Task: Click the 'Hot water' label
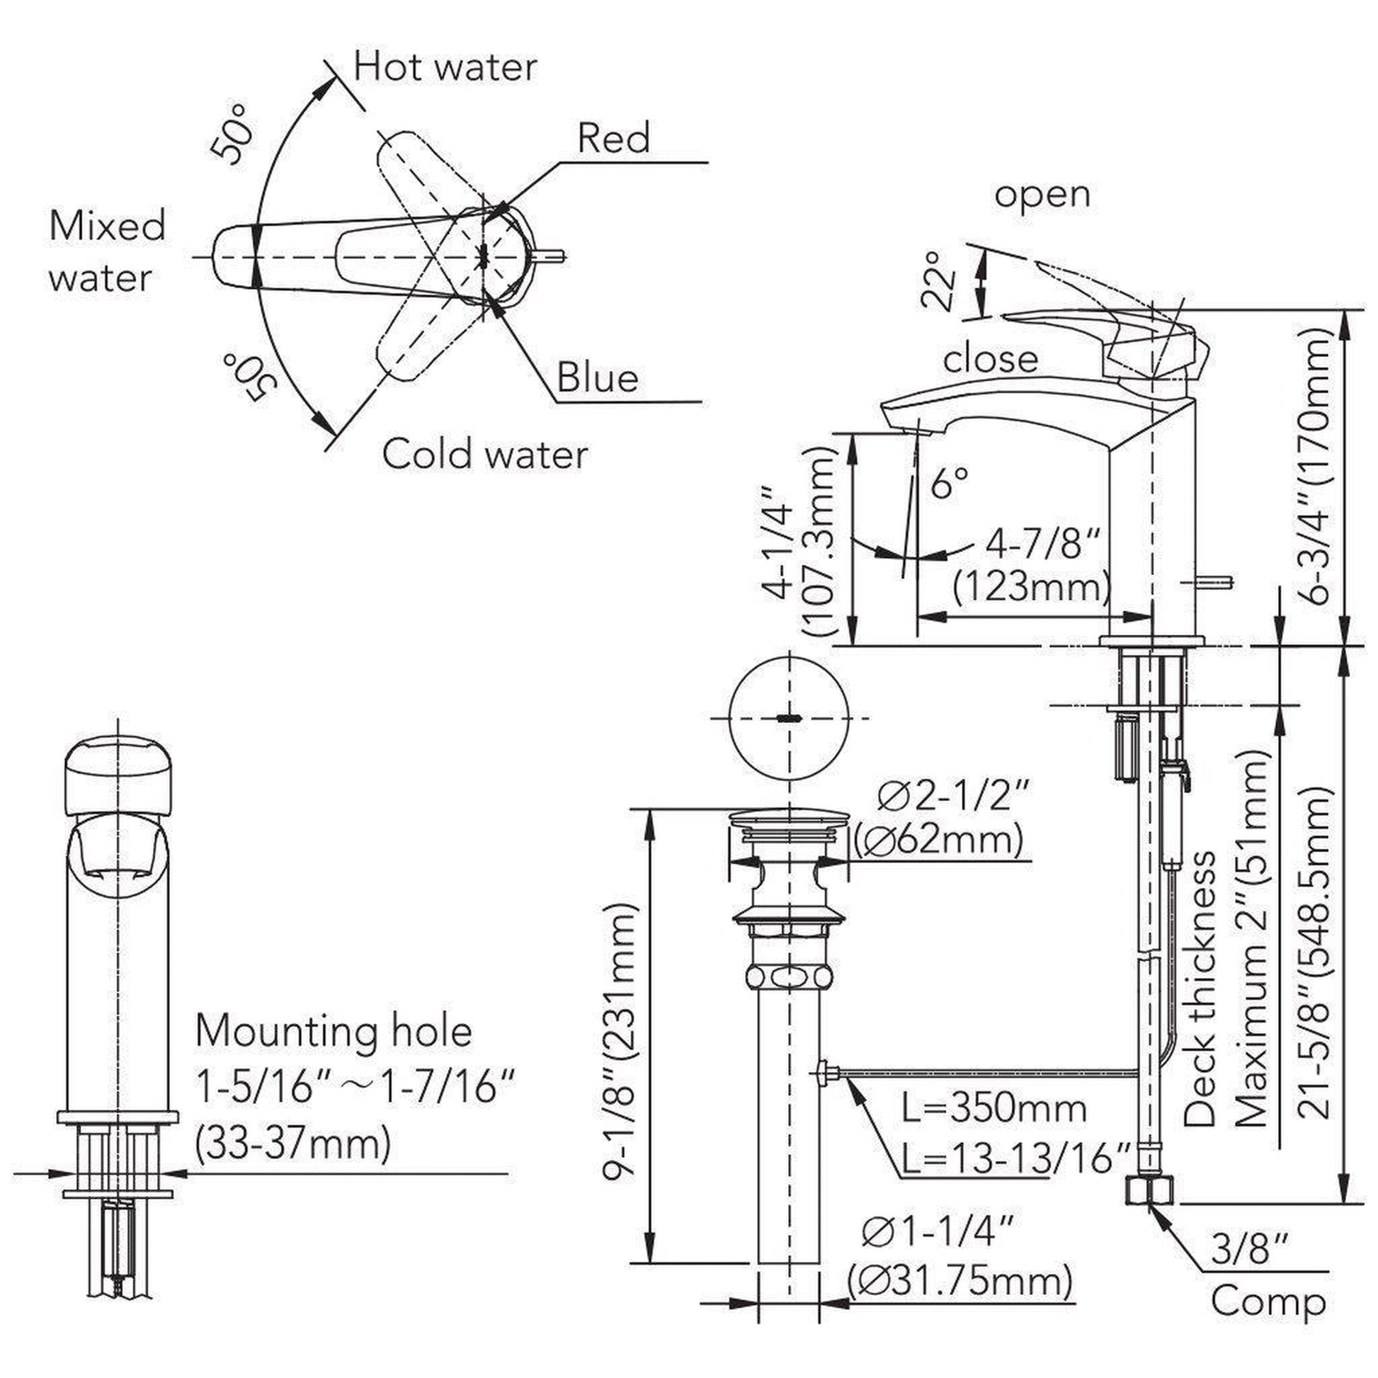point(445,68)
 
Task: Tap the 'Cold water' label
point(485,454)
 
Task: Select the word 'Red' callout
point(613,137)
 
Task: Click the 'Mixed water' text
point(107,251)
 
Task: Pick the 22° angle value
point(938,280)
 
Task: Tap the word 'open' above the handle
point(1042,194)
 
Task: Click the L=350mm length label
point(993,1107)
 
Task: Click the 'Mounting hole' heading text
point(334,1030)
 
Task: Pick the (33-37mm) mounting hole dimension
point(293,1144)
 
